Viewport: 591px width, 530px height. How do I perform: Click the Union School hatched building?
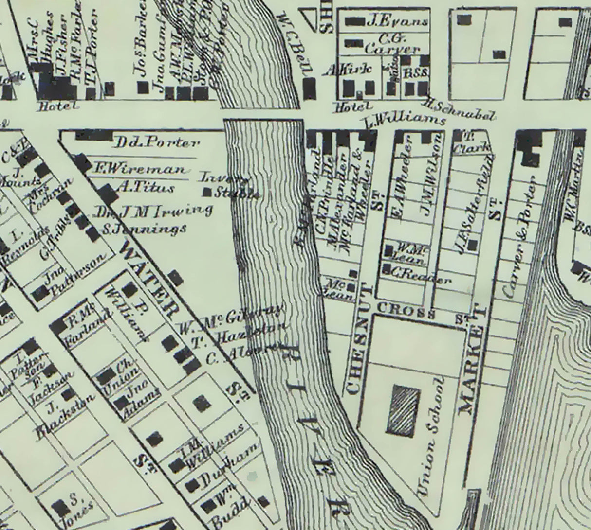(x=403, y=410)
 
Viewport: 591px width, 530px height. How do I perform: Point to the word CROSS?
(x=406, y=309)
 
